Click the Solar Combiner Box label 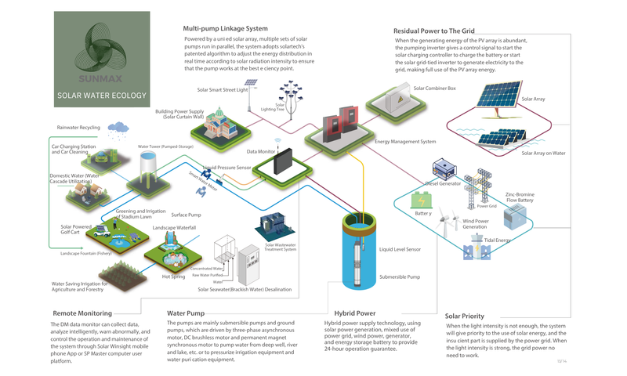pyautogui.click(x=434, y=89)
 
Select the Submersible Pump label pyautogui.click(x=400, y=277)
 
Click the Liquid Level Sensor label pyautogui.click(x=400, y=249)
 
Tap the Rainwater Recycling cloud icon pyautogui.click(x=119, y=127)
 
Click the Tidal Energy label pyautogui.click(x=498, y=240)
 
